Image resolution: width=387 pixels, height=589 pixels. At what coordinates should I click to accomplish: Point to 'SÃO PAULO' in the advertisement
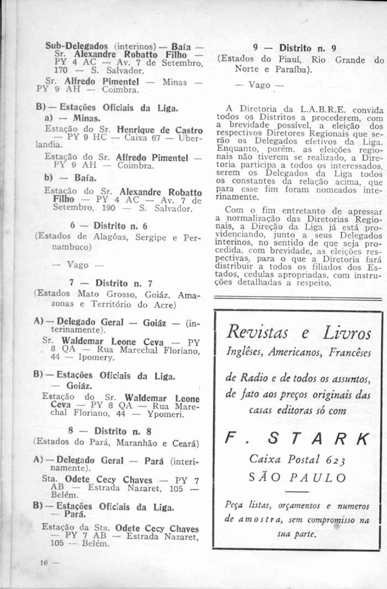click(x=298, y=477)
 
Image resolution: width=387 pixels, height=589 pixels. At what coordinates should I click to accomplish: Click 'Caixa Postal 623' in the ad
click(x=297, y=458)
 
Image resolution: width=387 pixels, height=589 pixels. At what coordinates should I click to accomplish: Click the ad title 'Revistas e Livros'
click(x=297, y=333)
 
